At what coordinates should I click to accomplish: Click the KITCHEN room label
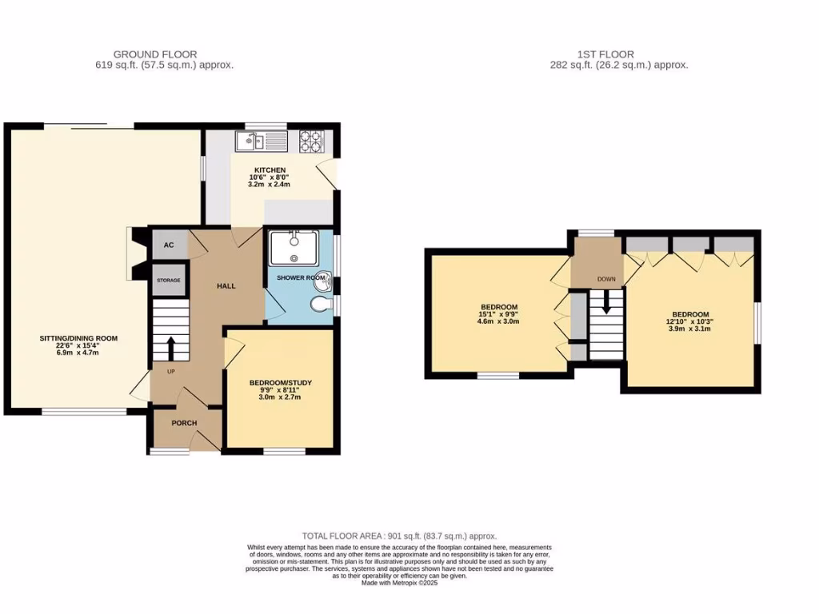(x=270, y=170)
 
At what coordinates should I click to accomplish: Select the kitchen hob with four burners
(x=311, y=142)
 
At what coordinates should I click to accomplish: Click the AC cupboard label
(x=169, y=245)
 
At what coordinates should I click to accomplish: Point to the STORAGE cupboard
(x=169, y=281)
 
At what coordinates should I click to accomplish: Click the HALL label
(x=226, y=285)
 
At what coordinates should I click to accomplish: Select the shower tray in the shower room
(x=295, y=247)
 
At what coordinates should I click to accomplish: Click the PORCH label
(x=184, y=423)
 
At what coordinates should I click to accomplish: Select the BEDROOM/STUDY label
(x=280, y=383)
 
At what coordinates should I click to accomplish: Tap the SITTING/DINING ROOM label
(x=78, y=338)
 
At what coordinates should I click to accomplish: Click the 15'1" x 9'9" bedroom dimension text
(x=499, y=314)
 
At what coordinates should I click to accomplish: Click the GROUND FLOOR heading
(x=155, y=54)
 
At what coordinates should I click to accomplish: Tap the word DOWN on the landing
(x=606, y=280)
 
